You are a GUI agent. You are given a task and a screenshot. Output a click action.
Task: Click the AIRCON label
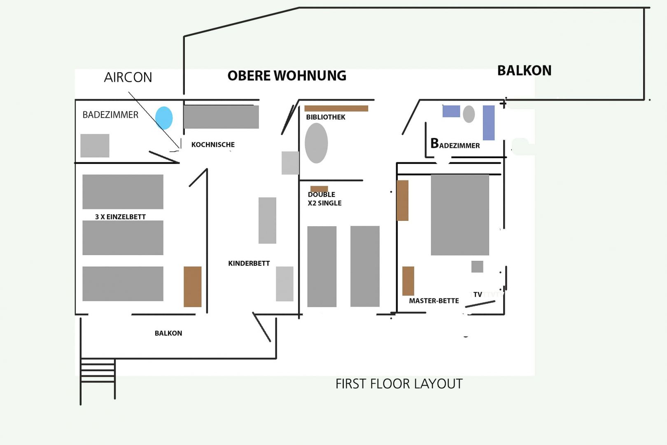(128, 77)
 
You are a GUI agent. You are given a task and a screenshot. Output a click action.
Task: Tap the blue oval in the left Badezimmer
(164, 118)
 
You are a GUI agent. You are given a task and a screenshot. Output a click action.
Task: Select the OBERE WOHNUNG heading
(287, 76)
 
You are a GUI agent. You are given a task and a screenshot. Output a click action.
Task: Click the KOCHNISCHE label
(213, 145)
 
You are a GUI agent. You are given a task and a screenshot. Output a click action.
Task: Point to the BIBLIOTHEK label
(325, 117)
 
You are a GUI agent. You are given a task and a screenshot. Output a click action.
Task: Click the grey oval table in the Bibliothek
(316, 143)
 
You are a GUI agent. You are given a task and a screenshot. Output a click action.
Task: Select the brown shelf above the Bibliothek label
(336, 108)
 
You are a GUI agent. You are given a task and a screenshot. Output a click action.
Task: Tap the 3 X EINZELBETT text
(120, 217)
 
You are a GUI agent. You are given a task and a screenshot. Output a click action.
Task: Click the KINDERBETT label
(249, 263)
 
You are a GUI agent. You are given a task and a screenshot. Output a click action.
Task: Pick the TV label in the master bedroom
(478, 295)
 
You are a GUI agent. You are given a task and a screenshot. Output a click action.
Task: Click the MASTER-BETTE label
(434, 301)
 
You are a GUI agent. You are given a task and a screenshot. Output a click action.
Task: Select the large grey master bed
(460, 215)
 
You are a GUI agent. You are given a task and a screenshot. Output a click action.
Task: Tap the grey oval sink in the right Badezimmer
(469, 114)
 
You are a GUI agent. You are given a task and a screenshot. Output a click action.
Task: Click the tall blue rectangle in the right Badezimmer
(489, 123)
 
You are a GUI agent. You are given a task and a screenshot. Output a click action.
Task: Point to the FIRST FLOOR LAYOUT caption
(399, 384)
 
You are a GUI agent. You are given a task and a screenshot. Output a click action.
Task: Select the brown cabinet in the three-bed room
(192, 287)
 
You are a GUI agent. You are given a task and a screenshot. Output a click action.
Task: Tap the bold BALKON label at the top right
(525, 70)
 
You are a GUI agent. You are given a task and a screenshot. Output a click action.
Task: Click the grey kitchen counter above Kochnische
(221, 117)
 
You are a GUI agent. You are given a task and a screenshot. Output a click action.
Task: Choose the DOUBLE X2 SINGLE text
(324, 199)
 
